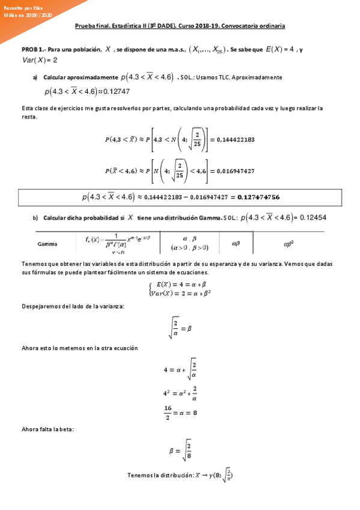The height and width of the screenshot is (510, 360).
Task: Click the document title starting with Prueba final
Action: coord(179,26)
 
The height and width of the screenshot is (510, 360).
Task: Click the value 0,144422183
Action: coord(234,139)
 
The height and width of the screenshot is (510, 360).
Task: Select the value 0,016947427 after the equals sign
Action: coord(234,171)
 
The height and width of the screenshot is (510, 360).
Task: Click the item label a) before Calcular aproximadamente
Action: coord(35,78)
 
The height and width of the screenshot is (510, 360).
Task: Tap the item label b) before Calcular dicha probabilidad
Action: coord(35,217)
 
